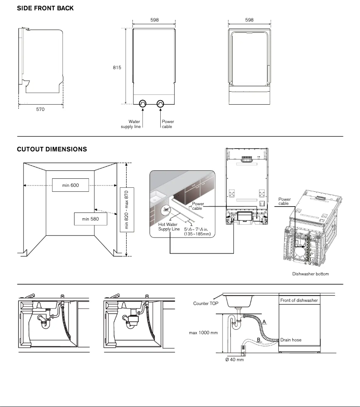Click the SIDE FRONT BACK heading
pos(45,9)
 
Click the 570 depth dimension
pos(40,109)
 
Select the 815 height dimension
pos(117,67)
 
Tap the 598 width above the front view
pos(154,20)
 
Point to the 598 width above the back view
pos(250,20)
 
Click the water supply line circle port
pos(142,104)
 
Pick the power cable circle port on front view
pos(161,104)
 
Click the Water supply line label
pos(131,124)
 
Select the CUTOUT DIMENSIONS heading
pos(52,149)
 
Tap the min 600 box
pos(70,185)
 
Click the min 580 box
pos(91,219)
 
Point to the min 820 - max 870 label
pos(126,209)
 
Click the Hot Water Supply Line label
pos(169,226)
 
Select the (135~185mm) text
pos(197,234)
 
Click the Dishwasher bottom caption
pos(311,274)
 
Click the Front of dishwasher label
pos(299,300)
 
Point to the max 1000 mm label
pos(203,333)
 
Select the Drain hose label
pos(291,340)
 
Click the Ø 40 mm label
pos(235,360)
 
